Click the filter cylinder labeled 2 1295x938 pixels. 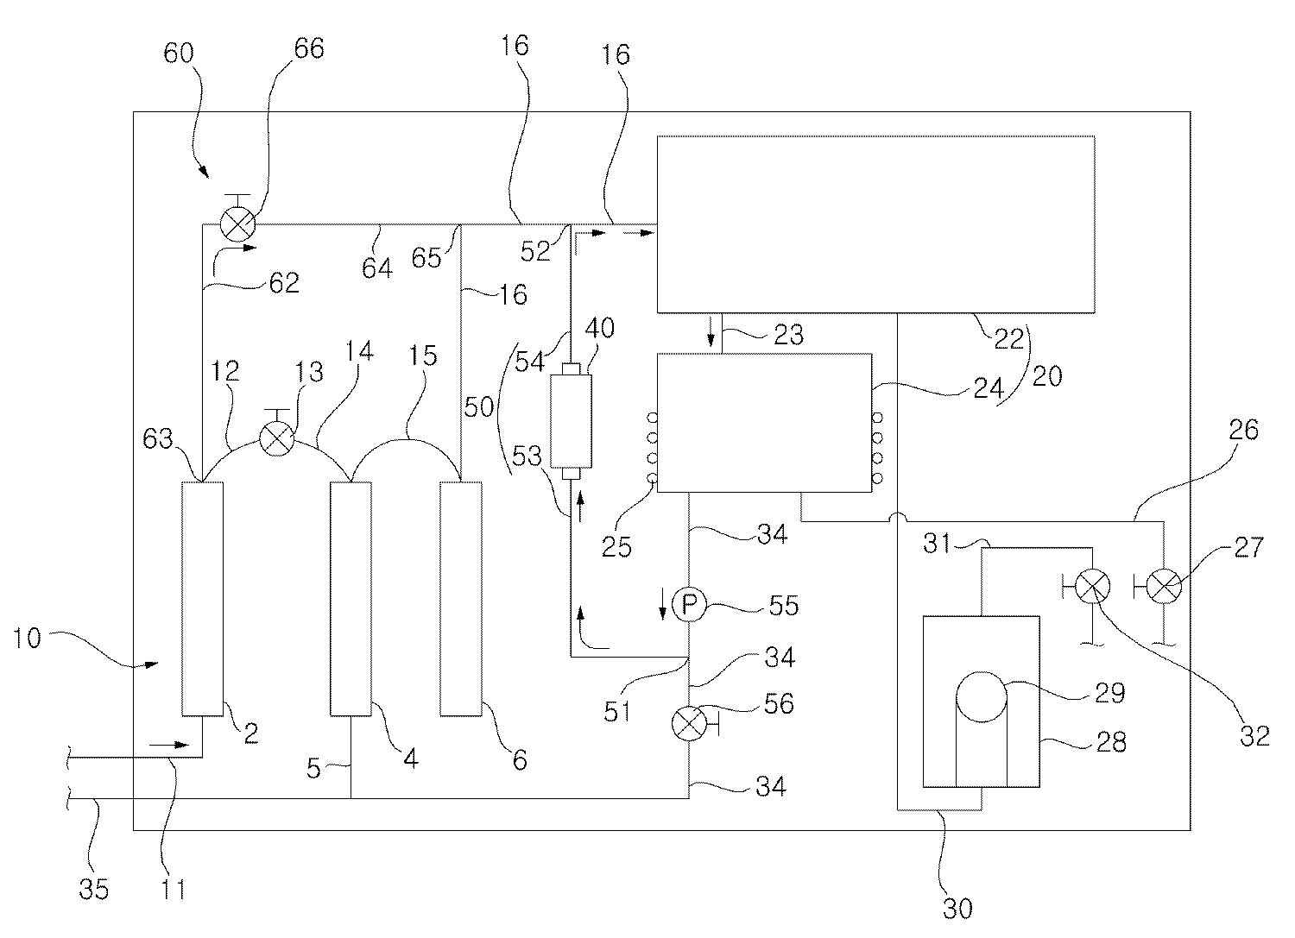[202, 599]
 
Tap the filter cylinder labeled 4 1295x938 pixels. [351, 599]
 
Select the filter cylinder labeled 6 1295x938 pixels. [460, 599]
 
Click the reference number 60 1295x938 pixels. [179, 54]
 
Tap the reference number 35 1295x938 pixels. [94, 889]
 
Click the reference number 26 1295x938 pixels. [1241, 429]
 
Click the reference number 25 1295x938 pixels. [619, 546]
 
